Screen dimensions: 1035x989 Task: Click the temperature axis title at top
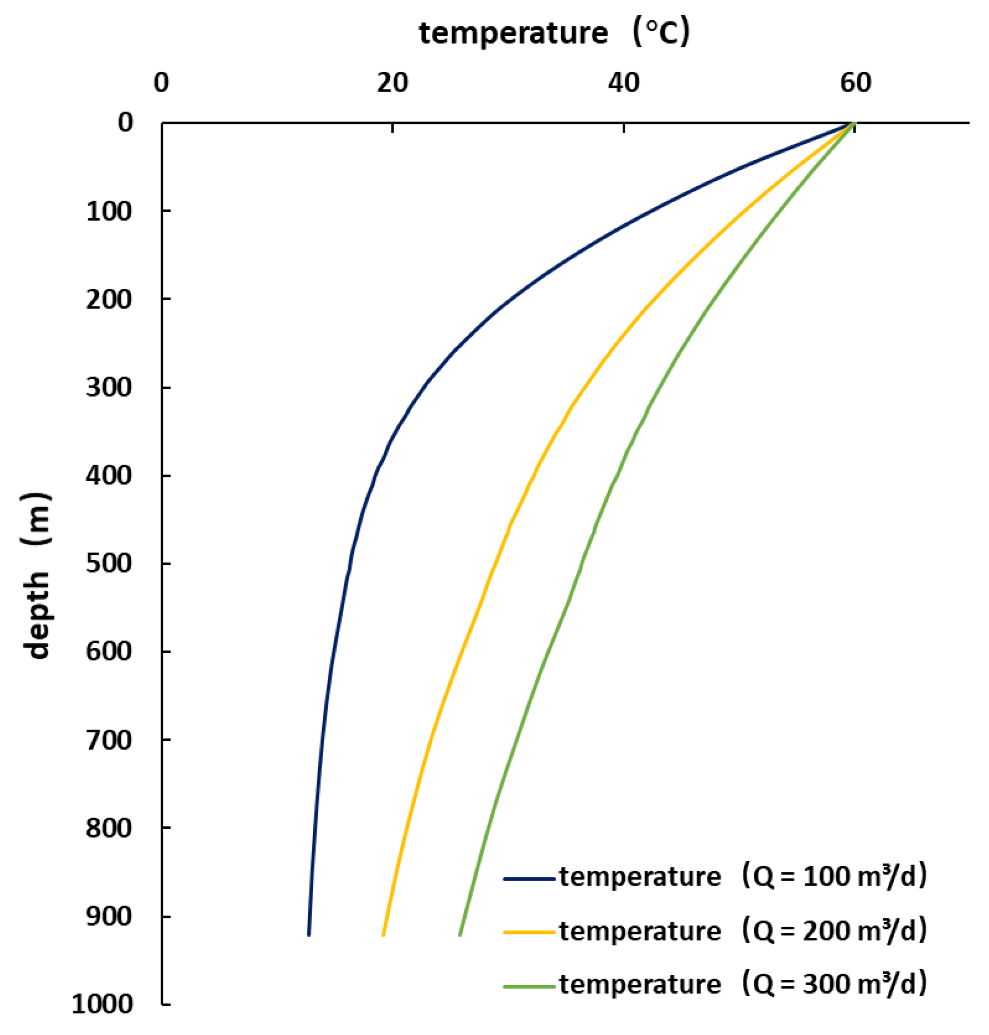click(x=554, y=32)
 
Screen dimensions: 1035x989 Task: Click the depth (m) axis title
click(x=38, y=576)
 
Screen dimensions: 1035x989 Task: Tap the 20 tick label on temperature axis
click(x=392, y=83)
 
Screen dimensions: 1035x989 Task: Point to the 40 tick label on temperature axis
click(x=623, y=83)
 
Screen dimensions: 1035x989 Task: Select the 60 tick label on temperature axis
click(x=855, y=83)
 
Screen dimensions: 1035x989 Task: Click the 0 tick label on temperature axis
click(x=161, y=83)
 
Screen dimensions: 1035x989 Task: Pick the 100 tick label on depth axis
click(x=109, y=212)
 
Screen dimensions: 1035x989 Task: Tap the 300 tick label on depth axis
click(x=109, y=387)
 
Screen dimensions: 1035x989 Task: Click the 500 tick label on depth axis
click(x=109, y=563)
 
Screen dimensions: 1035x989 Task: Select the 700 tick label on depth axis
click(x=109, y=740)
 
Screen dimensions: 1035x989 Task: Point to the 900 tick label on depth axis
click(x=109, y=916)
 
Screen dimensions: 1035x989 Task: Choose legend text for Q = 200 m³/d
click(x=742, y=931)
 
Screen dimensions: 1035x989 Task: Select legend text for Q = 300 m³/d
click(x=742, y=984)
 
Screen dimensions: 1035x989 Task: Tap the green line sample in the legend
click(x=529, y=987)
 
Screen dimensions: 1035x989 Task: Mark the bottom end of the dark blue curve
click(x=309, y=934)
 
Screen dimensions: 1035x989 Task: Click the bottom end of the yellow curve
click(x=383, y=934)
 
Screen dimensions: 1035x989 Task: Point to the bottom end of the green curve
click(x=460, y=934)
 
